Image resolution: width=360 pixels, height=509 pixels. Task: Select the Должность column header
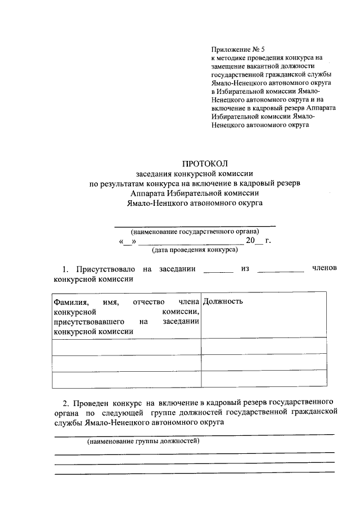pos(223,301)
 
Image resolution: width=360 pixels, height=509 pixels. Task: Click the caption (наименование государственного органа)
pos(195,231)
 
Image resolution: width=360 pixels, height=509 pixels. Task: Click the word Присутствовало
pos(106,269)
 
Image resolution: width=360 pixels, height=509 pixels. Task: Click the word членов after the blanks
pos(324,268)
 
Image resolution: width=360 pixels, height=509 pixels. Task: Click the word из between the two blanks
pos(245,269)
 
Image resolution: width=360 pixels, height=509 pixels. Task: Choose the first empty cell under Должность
pos(264,347)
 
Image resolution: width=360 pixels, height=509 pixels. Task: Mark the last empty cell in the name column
pos(126,380)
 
